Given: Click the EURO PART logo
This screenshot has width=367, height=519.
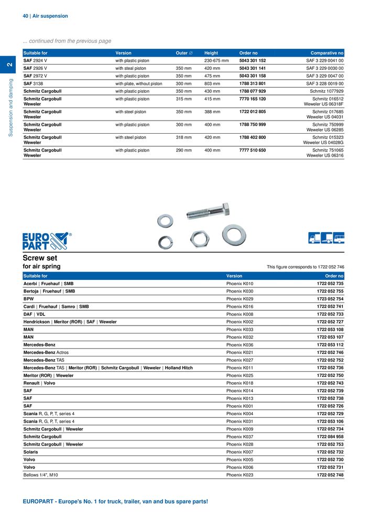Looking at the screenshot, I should (x=46, y=241).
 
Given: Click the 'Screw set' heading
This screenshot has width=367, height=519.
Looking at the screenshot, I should (x=40, y=258).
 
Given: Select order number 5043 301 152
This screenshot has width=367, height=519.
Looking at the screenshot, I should (x=252, y=61).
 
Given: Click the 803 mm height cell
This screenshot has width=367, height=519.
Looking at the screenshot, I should (x=212, y=83).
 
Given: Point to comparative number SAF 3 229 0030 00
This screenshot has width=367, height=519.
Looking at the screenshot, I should (x=325, y=68).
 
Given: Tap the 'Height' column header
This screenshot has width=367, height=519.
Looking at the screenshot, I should (x=211, y=53).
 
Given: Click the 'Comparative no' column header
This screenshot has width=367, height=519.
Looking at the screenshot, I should (x=327, y=53).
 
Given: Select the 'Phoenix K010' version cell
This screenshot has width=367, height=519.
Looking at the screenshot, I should (x=240, y=284).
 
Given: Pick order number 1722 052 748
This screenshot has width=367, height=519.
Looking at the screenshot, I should (x=330, y=475).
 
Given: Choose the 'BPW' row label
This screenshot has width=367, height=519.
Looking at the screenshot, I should (x=29, y=299).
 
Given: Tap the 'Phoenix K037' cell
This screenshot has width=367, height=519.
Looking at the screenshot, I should (x=240, y=437).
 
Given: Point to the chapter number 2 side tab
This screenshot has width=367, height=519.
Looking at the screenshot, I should (x=9, y=64).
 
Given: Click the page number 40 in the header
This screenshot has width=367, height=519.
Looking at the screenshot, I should (x=25, y=16).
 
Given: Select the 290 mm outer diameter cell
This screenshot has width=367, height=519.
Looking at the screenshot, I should (x=183, y=150).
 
